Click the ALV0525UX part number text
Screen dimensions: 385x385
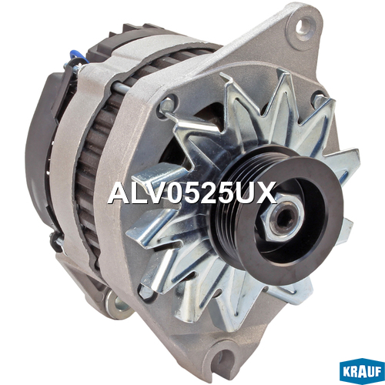pos(192,192)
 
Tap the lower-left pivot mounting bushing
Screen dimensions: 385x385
pos(117,305)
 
